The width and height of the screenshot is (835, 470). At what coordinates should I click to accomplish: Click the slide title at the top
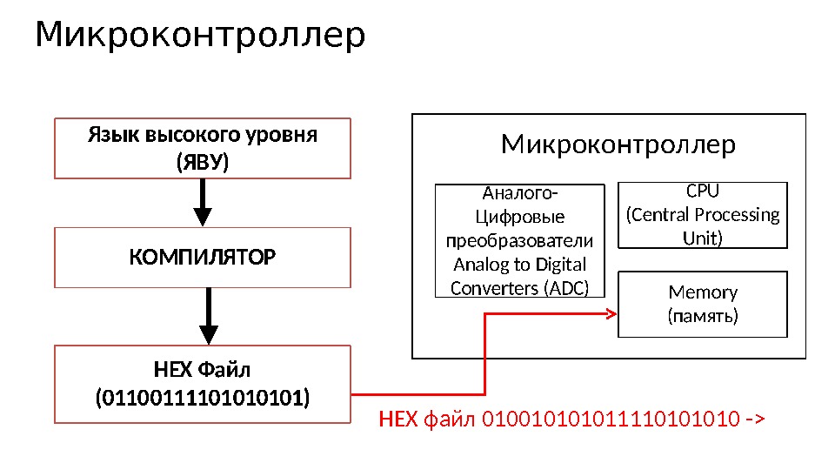pyautogui.click(x=200, y=37)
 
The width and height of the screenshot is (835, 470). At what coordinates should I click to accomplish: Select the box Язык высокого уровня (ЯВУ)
pyautogui.click(x=203, y=149)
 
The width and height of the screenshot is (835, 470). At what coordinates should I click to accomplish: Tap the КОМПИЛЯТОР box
pyautogui.click(x=203, y=258)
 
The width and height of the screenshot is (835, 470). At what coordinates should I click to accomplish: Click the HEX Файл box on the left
pyautogui.click(x=203, y=384)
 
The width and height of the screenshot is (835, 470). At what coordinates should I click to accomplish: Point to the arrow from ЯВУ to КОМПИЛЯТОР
pyautogui.click(x=203, y=203)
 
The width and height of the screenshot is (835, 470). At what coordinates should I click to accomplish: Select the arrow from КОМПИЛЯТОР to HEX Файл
pyautogui.click(x=209, y=316)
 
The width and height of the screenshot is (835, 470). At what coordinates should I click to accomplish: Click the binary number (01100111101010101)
pyautogui.click(x=202, y=399)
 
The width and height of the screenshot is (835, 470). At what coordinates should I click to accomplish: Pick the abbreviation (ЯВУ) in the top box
pyautogui.click(x=202, y=163)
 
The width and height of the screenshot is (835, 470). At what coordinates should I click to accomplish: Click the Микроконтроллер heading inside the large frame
pyautogui.click(x=618, y=144)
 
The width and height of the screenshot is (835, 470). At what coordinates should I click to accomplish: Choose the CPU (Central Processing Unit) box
pyautogui.click(x=702, y=214)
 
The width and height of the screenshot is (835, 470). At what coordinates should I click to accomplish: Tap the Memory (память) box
pyautogui.click(x=702, y=304)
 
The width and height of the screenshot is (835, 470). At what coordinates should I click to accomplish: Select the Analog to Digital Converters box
pyautogui.click(x=519, y=240)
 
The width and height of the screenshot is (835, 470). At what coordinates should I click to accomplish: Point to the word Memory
pyautogui.click(x=703, y=292)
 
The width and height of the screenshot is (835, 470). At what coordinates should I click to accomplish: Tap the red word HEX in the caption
pyautogui.click(x=399, y=420)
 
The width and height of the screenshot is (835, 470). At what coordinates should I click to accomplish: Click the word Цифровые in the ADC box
pyautogui.click(x=519, y=217)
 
